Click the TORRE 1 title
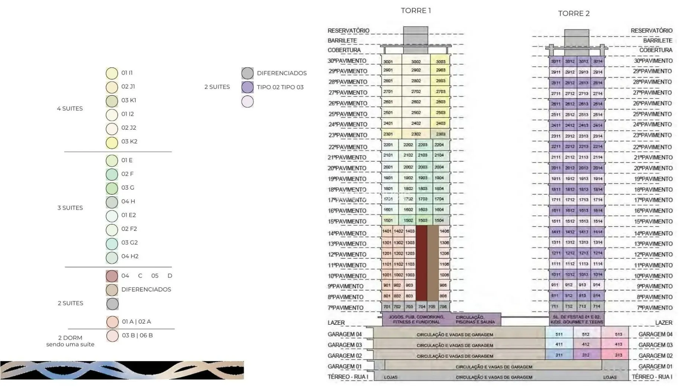pos(416,11)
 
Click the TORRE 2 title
pos(574,14)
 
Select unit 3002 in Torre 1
pos(416,62)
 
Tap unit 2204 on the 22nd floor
pos(439,145)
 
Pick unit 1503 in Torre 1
pos(423,220)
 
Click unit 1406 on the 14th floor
pos(444,231)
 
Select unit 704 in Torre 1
pos(422,307)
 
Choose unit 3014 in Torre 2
pos(597,61)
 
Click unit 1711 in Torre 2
pos(556,200)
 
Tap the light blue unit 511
pos(559,334)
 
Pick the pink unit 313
pos(618,355)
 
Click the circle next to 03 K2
pos(112,142)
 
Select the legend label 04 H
pos(128,201)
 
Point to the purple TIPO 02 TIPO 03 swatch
pos(248,87)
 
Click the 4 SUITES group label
pos(70,108)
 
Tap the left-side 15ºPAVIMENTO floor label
pos(347,221)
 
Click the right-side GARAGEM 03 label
pos(655,345)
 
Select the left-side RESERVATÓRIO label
pos(348,30)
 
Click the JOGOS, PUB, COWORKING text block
pos(416,319)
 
